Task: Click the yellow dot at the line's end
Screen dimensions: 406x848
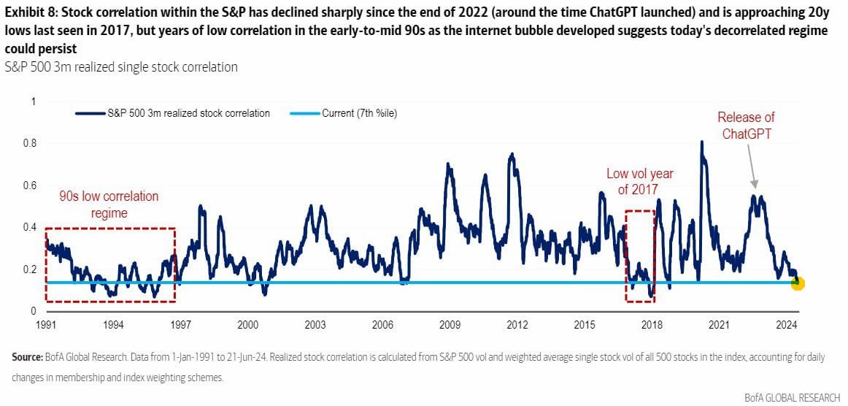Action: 798,283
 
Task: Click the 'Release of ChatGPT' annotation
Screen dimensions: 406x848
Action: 746,126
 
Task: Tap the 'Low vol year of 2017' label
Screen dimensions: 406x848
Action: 639,182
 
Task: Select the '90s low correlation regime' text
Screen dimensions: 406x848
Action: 109,204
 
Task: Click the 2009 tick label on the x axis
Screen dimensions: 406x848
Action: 450,323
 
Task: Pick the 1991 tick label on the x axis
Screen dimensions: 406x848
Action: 45,323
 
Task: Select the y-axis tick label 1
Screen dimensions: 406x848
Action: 31,101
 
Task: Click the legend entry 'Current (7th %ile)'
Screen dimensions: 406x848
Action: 359,113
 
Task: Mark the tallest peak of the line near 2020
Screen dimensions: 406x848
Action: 701,142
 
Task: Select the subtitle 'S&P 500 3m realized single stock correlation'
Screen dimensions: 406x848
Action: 121,67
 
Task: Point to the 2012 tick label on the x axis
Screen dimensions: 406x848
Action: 517,323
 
